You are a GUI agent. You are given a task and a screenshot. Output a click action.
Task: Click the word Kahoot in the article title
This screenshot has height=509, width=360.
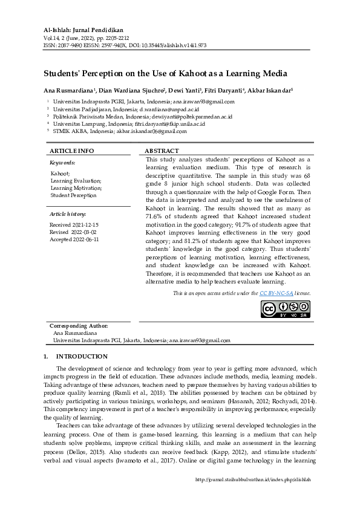(x=192, y=74)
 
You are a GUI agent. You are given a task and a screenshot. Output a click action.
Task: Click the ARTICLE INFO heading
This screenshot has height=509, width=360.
(x=72, y=151)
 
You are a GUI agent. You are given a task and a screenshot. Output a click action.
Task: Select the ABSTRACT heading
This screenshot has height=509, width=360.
(x=162, y=151)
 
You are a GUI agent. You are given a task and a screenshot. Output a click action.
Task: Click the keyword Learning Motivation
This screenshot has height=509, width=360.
(x=76, y=188)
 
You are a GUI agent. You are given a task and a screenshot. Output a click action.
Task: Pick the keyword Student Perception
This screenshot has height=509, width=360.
(x=73, y=195)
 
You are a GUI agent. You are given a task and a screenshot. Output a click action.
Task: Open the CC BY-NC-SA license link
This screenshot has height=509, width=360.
(x=277, y=293)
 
